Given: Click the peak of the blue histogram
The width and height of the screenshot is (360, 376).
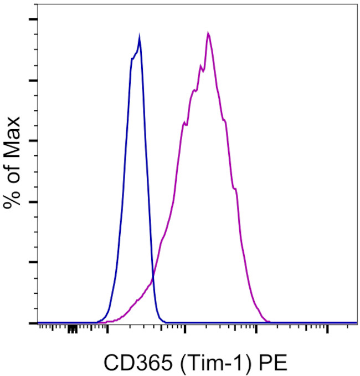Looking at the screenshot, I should click(139, 38).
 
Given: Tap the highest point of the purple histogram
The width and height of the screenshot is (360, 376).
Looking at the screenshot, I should click(208, 34).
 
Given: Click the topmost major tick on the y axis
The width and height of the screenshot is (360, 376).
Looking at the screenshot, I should click(33, 20).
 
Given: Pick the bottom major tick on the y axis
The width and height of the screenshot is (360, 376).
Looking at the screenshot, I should click(33, 323).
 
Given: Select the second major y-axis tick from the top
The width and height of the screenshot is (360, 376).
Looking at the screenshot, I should click(33, 80).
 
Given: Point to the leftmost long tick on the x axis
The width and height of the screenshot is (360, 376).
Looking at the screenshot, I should click(107, 329).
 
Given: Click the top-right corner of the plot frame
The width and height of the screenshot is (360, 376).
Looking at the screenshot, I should click(356, 4).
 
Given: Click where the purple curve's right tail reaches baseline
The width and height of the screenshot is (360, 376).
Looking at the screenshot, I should click(268, 321).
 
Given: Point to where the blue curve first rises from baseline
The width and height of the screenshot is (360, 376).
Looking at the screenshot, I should click(98, 321).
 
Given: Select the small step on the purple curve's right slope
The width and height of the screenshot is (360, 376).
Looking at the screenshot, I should click(236, 189).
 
